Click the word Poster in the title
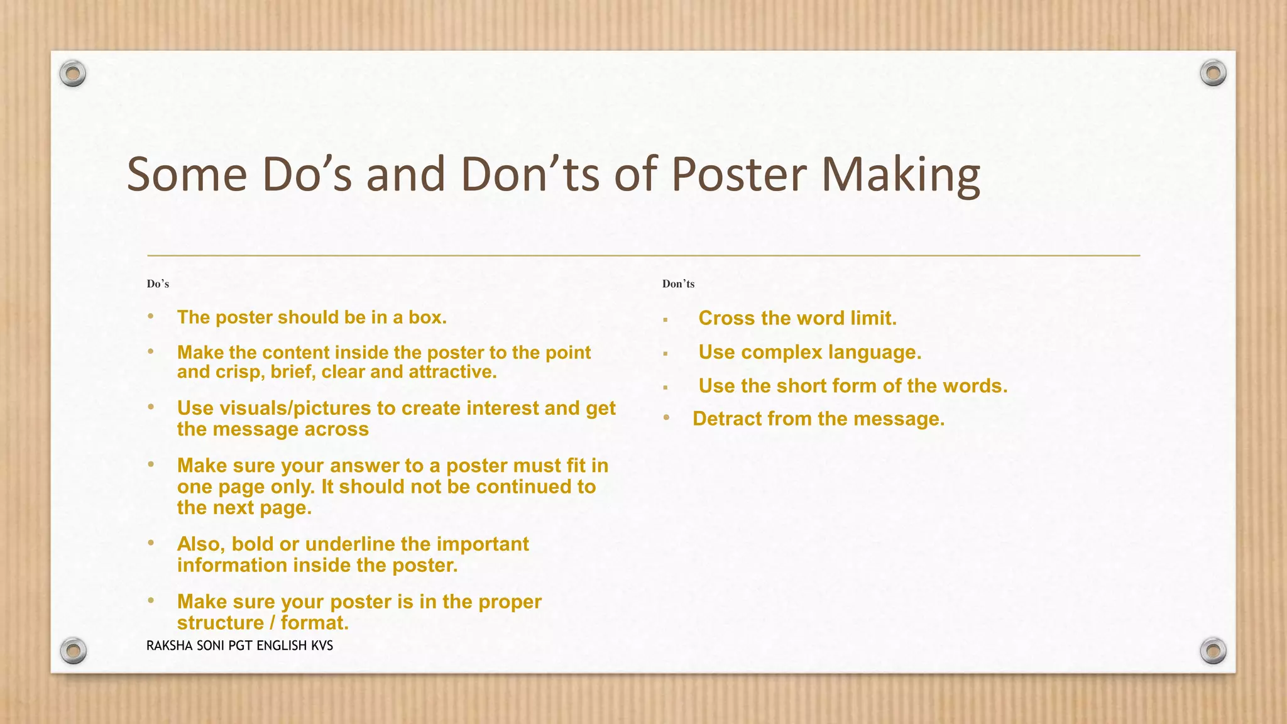739,174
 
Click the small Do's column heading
158,284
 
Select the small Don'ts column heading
678,284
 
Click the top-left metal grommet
73,74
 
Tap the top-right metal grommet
1213,74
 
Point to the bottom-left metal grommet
73,650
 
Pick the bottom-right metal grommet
1213,650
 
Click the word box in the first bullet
427,317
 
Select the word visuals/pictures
274,409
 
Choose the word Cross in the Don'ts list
726,318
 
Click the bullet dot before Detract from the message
667,417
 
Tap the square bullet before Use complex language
665,354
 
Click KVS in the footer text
322,645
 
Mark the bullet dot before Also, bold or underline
151,542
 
